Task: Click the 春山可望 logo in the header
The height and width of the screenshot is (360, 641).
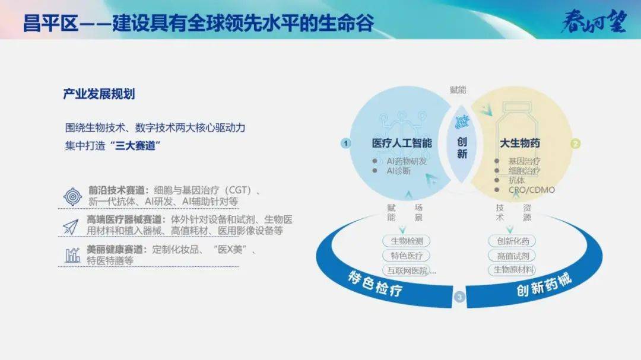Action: tap(594, 21)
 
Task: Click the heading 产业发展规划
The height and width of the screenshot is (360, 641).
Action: tap(99, 94)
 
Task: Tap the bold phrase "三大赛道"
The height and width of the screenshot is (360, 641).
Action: tap(135, 145)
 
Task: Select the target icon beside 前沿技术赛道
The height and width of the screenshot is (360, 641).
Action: tap(73, 196)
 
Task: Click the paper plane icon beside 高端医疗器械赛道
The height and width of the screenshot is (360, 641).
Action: tap(70, 227)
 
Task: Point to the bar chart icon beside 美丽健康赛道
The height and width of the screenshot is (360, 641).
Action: tap(73, 255)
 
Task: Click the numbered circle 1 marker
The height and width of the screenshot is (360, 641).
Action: tap(346, 144)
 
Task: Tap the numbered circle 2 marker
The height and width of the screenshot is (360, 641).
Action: tap(576, 144)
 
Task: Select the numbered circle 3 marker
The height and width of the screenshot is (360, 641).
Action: tap(459, 297)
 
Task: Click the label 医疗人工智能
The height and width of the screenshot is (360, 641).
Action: tap(402, 143)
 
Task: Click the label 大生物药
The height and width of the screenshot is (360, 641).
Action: tap(520, 143)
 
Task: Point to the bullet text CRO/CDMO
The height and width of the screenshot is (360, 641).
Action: tap(531, 190)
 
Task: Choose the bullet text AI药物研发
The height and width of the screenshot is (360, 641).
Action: tap(407, 161)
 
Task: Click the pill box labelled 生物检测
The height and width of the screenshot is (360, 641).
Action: tap(407, 241)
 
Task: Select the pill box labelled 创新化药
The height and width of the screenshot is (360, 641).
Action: tap(512, 241)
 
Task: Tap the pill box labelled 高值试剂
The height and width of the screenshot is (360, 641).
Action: tap(512, 256)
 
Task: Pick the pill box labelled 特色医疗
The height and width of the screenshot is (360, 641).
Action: tap(407, 256)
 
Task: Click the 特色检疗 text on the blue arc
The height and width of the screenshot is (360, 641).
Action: tap(375, 283)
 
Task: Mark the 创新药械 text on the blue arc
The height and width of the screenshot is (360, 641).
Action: tap(544, 285)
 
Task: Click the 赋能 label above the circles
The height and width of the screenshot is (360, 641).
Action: tap(458, 90)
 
